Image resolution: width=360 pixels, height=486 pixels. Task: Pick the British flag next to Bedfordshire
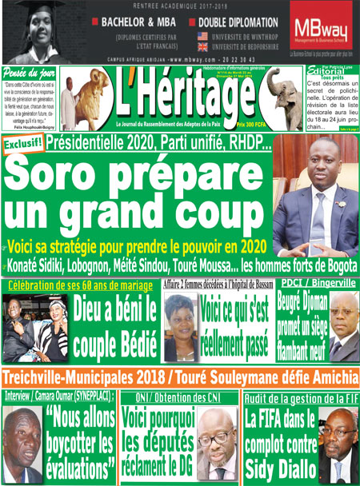[x=202, y=47]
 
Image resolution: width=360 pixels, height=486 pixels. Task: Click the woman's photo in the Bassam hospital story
[x=180, y=327]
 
